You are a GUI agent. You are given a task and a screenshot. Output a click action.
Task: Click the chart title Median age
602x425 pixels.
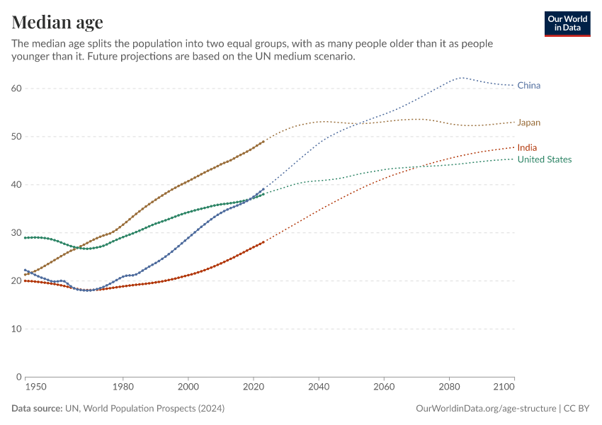tap(57, 22)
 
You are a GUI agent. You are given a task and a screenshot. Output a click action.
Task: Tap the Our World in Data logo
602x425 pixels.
tap(567, 23)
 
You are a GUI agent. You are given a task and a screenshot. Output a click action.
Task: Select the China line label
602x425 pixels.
tap(528, 86)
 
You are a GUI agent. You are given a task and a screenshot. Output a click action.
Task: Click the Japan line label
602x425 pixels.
tap(528, 123)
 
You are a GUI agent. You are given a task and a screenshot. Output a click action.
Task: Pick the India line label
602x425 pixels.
tap(527, 147)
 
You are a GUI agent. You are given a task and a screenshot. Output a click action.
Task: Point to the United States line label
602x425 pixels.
tap(544, 159)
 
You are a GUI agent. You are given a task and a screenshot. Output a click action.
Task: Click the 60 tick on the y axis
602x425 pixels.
tap(16, 89)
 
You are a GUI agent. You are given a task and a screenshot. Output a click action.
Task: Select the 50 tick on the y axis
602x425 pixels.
tap(16, 137)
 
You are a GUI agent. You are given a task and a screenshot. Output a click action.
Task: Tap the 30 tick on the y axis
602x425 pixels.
tap(16, 233)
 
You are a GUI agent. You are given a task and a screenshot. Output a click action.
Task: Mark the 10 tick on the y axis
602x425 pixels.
tap(16, 329)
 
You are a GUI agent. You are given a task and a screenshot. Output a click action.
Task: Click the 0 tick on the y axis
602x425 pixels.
tap(19, 377)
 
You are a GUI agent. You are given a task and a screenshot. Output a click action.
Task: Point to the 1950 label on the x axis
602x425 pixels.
tap(35, 387)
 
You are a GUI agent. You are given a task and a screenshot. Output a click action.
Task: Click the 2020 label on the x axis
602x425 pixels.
tap(253, 387)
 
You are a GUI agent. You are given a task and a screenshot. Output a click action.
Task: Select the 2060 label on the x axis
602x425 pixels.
tap(384, 387)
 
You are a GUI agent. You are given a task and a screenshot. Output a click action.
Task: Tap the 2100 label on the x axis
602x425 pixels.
tap(504, 387)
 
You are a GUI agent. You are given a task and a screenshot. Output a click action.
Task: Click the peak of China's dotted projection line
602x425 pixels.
tap(462, 77)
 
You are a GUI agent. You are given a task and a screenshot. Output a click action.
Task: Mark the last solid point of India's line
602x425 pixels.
tap(263, 242)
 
